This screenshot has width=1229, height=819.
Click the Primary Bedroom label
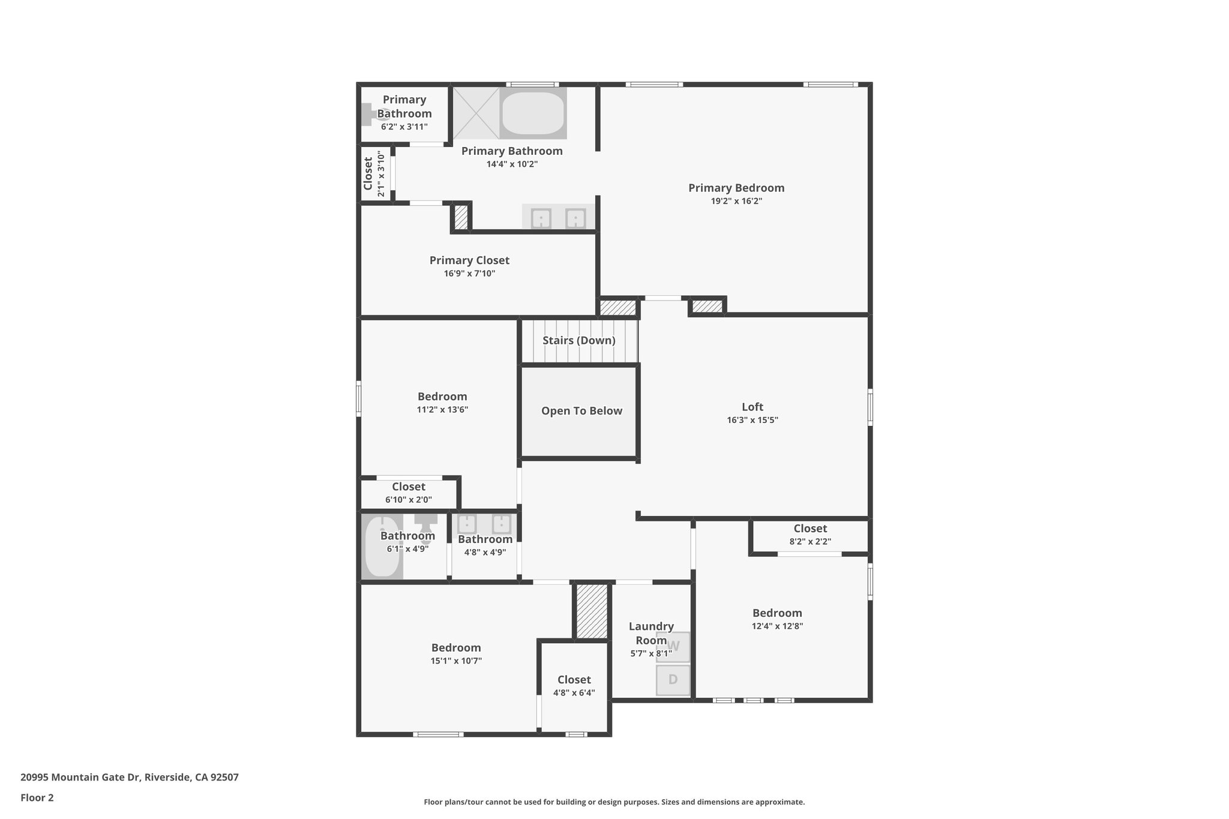736,188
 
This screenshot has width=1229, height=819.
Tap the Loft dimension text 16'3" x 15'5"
753,420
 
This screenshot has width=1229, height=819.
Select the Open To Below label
581,411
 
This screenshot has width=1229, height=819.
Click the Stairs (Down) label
579,340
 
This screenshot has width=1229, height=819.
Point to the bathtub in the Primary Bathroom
532,113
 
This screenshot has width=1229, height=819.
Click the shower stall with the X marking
476,113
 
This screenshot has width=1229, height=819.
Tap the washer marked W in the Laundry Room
673,647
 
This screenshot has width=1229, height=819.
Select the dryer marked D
673,680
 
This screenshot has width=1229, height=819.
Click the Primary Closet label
469,260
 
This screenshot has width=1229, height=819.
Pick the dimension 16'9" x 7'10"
469,274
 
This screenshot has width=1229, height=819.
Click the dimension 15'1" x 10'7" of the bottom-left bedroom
456,661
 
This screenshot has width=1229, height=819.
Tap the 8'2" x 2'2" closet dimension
810,542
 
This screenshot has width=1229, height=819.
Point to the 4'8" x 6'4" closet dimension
574,693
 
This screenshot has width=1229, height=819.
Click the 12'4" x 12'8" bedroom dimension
777,626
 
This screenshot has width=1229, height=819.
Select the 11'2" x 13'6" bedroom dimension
442,410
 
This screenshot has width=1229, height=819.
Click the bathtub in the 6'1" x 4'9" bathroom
382,547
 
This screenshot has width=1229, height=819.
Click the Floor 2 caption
37,798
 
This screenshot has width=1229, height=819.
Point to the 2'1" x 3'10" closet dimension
381,174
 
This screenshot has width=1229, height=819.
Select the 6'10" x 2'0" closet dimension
409,500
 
